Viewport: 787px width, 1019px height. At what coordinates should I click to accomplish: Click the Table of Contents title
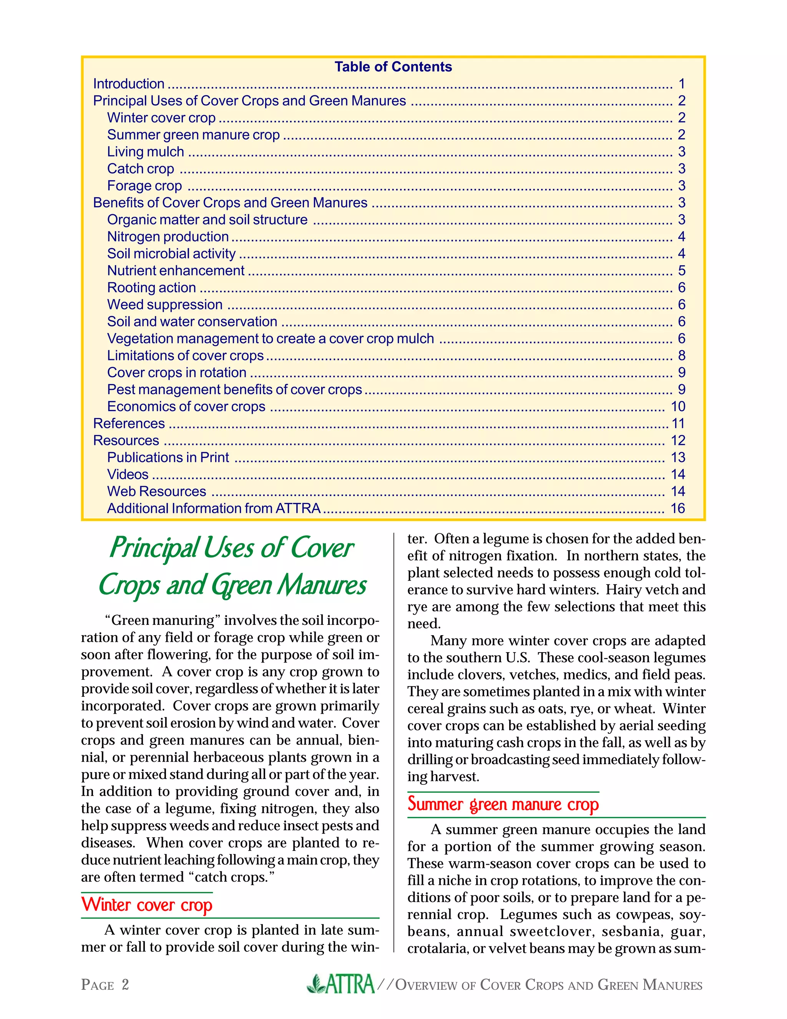393,67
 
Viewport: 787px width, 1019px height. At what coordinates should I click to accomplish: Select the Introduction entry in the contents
129,84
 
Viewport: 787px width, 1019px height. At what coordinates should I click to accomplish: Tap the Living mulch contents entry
146,152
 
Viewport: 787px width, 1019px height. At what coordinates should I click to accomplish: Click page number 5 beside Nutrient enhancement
681,271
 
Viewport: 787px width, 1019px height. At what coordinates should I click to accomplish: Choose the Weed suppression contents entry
164,305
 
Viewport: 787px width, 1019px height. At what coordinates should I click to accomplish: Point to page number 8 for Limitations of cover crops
681,356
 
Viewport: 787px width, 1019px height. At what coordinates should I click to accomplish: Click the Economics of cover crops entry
186,406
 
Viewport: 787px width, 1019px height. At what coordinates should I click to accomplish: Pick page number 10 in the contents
677,406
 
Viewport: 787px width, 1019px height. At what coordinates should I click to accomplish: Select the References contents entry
129,424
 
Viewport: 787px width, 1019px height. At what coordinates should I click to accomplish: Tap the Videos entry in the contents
128,475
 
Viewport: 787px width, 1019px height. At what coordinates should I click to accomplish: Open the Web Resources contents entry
157,491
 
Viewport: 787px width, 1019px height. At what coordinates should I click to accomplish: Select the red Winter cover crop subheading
147,905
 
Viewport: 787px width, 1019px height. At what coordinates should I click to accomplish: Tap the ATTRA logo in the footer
341,984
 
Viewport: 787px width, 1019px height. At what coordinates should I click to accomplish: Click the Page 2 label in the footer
105,985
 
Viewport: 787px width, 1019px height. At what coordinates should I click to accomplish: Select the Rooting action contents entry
151,288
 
